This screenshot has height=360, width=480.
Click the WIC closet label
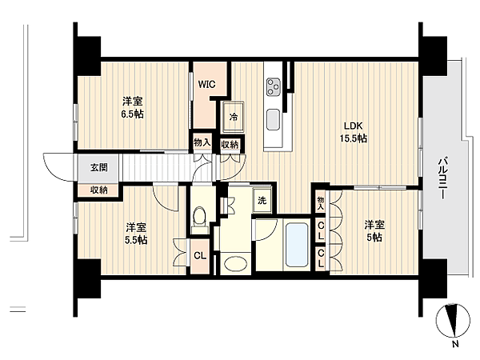point(206,84)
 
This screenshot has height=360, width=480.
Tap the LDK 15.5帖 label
point(354,132)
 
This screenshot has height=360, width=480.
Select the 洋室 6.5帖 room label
point(132,107)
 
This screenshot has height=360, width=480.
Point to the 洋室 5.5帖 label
point(136,234)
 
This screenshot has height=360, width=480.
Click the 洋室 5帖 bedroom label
point(374,231)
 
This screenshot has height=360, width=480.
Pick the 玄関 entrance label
point(99,167)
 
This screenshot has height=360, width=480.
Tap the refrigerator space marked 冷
point(234,117)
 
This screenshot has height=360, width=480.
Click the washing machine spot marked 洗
point(262,201)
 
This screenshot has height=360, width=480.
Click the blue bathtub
point(297,245)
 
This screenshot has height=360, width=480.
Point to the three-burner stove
point(274,86)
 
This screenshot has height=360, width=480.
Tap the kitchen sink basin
point(273,119)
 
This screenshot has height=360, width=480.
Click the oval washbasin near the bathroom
point(235,263)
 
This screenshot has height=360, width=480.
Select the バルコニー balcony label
point(442,178)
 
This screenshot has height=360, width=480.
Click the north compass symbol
point(453,320)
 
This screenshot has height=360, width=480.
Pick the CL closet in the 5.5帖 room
point(200,256)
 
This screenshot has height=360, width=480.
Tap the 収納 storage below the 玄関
point(99,190)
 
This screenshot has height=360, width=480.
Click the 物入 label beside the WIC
point(202,142)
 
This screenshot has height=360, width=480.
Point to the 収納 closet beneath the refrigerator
point(230,145)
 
